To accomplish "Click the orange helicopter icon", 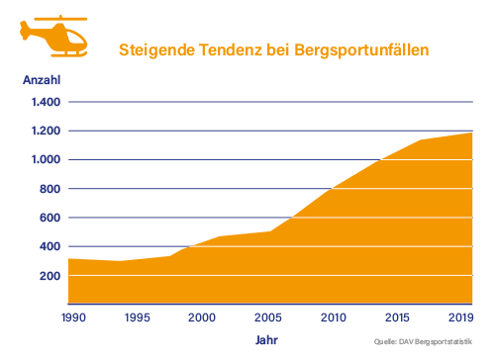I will [x=53, y=36].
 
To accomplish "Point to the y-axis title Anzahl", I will [x=42, y=80].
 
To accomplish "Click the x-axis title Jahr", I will [x=267, y=340].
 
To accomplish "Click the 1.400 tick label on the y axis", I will [x=46, y=102].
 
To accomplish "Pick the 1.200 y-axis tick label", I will [x=46, y=131].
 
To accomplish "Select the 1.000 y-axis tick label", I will [x=46, y=160].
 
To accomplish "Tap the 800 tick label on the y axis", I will [x=49, y=189].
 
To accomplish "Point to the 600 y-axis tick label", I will [x=49, y=218].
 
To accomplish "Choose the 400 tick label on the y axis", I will [x=49, y=246].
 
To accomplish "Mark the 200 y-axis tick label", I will [x=49, y=276].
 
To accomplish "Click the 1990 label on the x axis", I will [x=73, y=317].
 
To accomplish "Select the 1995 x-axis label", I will [x=139, y=317].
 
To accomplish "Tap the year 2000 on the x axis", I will [x=202, y=317].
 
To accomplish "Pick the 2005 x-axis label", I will [x=267, y=317].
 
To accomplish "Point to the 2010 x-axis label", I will [x=333, y=317].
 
